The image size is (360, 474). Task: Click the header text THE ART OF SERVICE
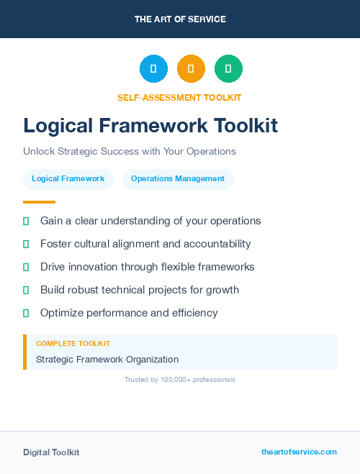[180, 19]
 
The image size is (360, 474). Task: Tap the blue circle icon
[153, 69]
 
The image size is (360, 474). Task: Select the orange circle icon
[191, 69]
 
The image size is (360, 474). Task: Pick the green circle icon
[228, 69]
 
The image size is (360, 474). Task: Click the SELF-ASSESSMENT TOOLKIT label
[180, 97]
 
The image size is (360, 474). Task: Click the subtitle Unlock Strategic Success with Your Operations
[130, 152]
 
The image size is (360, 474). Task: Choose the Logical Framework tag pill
[68, 179]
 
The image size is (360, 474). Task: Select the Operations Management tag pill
[178, 179]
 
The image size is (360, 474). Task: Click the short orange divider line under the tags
[39, 202]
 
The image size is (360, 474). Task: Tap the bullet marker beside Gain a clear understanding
[26, 222]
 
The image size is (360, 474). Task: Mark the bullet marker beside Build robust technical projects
[26, 291]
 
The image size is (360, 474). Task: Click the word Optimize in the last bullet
[62, 313]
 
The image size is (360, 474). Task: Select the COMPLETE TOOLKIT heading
[73, 344]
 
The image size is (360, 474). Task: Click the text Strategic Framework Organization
[107, 360]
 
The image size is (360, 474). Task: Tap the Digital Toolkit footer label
[51, 452]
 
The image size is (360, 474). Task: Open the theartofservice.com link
[299, 452]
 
